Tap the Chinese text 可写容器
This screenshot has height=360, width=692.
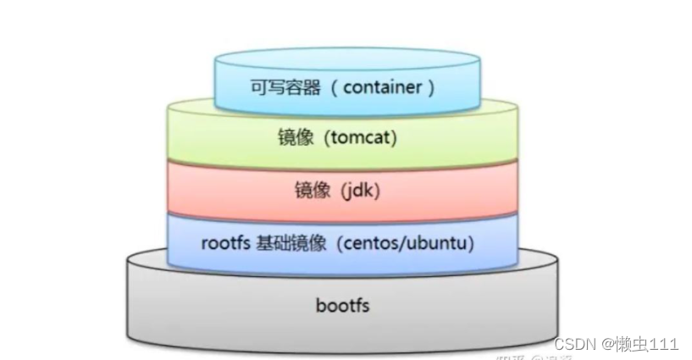point(274,86)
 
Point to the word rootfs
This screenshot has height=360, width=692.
point(224,243)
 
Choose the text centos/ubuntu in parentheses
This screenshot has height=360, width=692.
point(406,243)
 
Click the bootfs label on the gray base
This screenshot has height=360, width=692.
point(342,304)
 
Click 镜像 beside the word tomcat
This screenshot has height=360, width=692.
point(294,137)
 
